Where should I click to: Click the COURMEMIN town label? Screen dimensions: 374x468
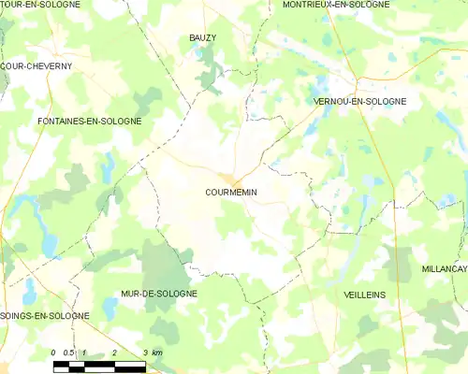pyautogui.click(x=231, y=193)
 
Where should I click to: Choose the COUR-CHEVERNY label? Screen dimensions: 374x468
pyautogui.click(x=36, y=66)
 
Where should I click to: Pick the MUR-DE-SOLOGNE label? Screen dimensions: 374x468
pyautogui.click(x=159, y=294)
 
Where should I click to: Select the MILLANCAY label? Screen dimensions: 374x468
pyautogui.click(x=445, y=268)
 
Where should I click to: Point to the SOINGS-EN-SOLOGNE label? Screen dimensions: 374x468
pyautogui.click(x=44, y=316)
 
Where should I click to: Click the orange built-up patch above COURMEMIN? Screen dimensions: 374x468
pyautogui.click(x=228, y=179)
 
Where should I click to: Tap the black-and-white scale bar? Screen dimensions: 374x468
pyautogui.click(x=99, y=366)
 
